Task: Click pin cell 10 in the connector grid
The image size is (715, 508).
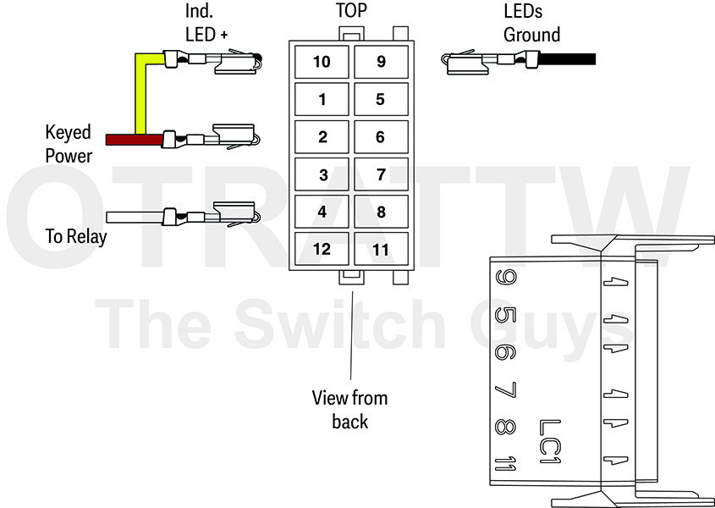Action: [x=322, y=62]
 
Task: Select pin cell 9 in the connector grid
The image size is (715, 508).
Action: [x=381, y=62]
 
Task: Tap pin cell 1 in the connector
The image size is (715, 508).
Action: [x=322, y=99]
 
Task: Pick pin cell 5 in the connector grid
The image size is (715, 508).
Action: [x=381, y=99]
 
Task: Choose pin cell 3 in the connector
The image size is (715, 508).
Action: [x=322, y=174]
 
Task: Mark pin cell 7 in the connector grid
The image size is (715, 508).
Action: [x=381, y=174]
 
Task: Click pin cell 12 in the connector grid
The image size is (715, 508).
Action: [x=322, y=249]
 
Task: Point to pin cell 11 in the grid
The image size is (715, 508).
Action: [x=381, y=249]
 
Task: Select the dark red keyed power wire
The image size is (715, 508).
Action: [x=134, y=140]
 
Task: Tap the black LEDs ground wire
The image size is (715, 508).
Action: [x=567, y=59]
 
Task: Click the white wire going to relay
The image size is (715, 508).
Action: [x=135, y=217]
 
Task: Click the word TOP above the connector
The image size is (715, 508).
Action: [x=351, y=10]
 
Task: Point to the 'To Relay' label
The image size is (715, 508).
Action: [x=75, y=237]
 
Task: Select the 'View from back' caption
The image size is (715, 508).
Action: [x=349, y=410]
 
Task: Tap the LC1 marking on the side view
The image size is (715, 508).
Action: [x=549, y=442]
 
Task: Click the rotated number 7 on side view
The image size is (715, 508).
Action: [x=505, y=390]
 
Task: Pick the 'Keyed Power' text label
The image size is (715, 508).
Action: [x=69, y=144]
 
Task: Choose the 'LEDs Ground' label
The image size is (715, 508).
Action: [x=531, y=23]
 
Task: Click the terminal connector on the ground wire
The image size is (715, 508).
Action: [x=490, y=61]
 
